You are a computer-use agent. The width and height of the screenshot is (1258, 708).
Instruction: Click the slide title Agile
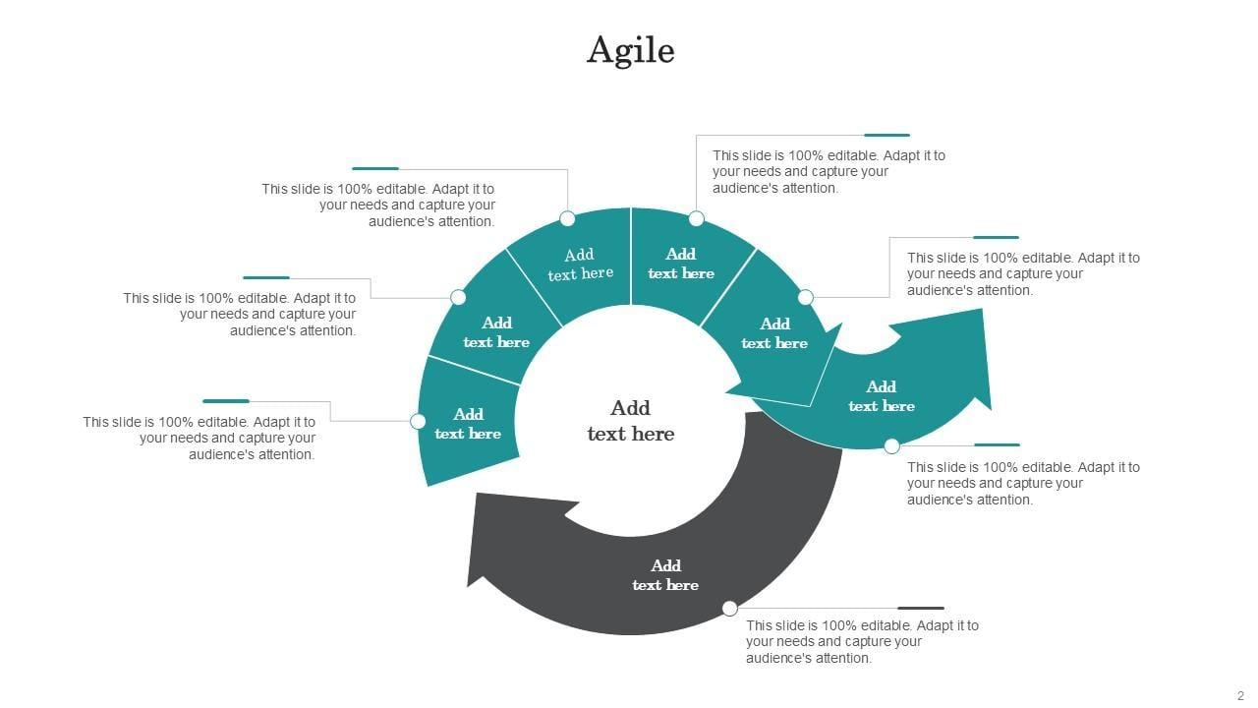click(630, 49)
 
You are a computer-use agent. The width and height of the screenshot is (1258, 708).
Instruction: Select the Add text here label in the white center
click(631, 421)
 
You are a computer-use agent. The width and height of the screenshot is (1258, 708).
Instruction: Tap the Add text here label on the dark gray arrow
click(665, 575)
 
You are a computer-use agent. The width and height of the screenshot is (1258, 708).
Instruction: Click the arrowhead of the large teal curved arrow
click(968, 359)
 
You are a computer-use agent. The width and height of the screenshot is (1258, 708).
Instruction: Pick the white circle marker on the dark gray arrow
click(729, 609)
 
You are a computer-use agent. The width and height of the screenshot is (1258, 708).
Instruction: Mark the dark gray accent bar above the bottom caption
click(921, 609)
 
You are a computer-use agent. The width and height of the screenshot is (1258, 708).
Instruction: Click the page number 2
click(1240, 695)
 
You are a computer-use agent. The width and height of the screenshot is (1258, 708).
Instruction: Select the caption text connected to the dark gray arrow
click(862, 641)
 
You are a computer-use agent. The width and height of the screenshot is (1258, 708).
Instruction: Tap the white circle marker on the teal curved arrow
click(891, 446)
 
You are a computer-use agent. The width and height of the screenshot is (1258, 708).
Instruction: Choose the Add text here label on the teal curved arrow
click(882, 396)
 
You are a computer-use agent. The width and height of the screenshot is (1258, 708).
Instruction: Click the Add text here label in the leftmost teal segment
click(468, 424)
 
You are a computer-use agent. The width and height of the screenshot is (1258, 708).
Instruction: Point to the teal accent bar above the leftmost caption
click(226, 401)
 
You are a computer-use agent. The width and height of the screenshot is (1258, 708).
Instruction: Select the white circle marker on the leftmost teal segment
click(418, 422)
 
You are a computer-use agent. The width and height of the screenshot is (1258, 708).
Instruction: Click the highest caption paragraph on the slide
click(829, 171)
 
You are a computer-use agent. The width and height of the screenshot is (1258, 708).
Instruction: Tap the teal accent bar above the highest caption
click(886, 136)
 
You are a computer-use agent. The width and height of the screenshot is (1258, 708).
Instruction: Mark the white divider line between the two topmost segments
click(631, 256)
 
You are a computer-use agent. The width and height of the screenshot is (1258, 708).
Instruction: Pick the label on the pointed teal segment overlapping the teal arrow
click(774, 333)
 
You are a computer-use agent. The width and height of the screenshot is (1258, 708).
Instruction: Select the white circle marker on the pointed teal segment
click(806, 297)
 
